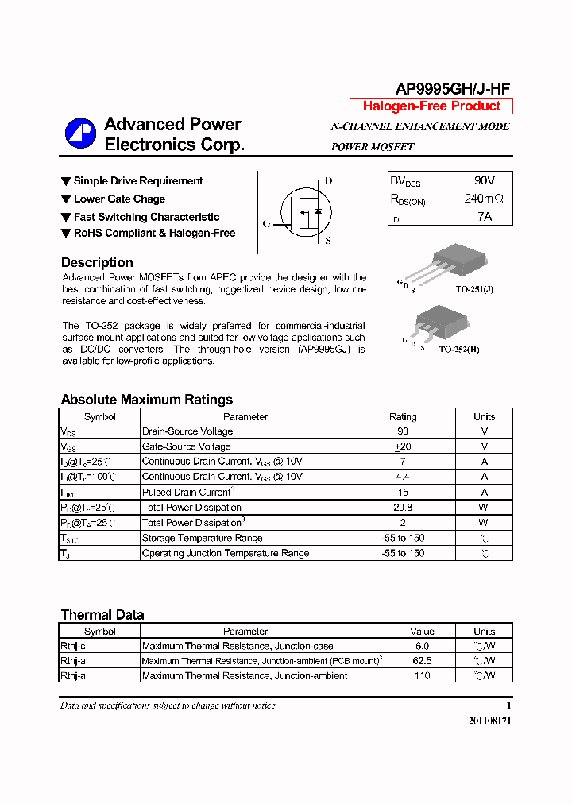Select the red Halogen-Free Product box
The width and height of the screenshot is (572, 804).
tap(431, 106)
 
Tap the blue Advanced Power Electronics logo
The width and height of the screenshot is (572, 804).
tap(80, 133)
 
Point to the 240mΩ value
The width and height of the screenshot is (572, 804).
tap(483, 199)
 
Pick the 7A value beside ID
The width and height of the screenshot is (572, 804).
tap(484, 217)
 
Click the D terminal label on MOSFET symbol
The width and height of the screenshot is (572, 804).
tap(328, 181)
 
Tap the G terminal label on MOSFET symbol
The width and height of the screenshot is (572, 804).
tap(267, 224)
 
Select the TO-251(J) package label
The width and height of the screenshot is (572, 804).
tap(474, 290)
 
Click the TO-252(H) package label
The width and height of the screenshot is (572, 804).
tap(459, 349)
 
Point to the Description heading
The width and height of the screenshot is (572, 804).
tap(97, 263)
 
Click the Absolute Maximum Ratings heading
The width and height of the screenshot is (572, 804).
tap(147, 400)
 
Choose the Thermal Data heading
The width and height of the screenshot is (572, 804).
tap(102, 614)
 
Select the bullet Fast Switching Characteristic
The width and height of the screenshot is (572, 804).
tap(146, 217)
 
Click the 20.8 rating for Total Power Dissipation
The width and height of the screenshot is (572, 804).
tap(403, 508)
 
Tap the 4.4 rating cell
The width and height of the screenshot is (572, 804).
tap(403, 477)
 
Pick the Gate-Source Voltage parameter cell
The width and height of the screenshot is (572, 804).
tap(187, 446)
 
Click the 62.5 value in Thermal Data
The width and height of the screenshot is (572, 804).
tap(422, 661)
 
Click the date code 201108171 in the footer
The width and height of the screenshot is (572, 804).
tap(491, 719)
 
